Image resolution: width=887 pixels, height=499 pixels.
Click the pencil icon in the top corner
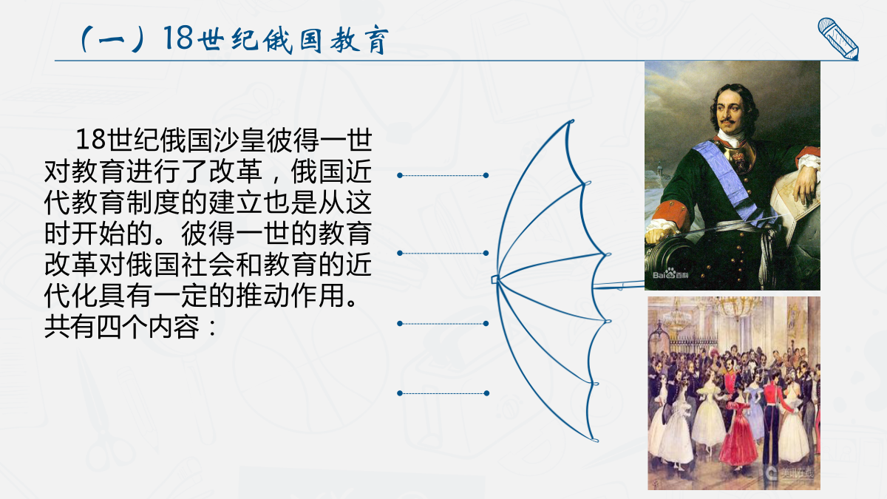[838, 38]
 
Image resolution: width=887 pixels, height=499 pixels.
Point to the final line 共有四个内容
[122, 327]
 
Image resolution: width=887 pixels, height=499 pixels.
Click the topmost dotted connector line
[443, 175]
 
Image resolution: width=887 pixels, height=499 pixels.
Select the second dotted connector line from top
[443, 253]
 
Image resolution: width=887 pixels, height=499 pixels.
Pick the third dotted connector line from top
[443, 324]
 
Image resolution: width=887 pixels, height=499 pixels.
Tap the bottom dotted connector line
[443, 393]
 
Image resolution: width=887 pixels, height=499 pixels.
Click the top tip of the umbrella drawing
[571, 120]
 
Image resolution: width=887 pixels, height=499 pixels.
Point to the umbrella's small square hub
[495, 279]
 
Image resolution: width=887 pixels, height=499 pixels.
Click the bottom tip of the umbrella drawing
[595, 440]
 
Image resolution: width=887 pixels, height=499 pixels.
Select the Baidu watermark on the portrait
[670, 274]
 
